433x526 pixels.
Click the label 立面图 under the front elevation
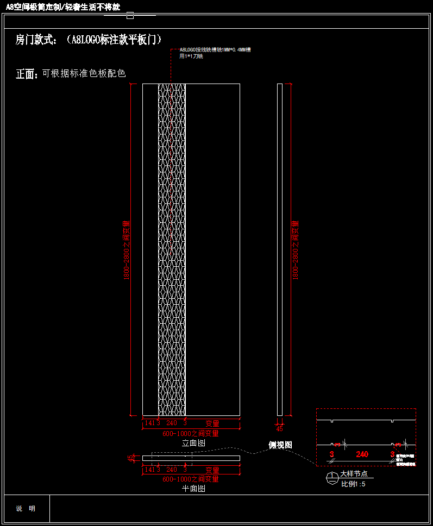[x=193, y=443]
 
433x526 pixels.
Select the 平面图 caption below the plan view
[x=193, y=489]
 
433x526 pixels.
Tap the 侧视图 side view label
[x=280, y=445]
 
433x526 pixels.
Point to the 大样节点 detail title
[x=354, y=474]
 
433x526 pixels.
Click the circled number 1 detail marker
[x=331, y=478]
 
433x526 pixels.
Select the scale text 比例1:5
[x=354, y=484]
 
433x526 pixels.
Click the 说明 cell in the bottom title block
[x=26, y=509]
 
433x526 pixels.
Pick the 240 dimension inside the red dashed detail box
[x=362, y=454]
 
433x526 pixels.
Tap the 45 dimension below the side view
[x=280, y=428]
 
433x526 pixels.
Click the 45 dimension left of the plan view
[x=130, y=459]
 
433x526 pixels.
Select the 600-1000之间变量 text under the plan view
[x=191, y=479]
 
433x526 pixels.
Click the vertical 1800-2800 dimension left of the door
[x=127, y=249]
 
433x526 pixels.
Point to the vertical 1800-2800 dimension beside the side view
[x=296, y=249]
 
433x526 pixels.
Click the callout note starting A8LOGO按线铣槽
[x=215, y=53]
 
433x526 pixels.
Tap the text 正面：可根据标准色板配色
[x=71, y=74]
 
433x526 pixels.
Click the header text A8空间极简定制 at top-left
[x=63, y=7]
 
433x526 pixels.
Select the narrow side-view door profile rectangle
[x=280, y=249]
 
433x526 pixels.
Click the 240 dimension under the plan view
[x=172, y=470]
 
